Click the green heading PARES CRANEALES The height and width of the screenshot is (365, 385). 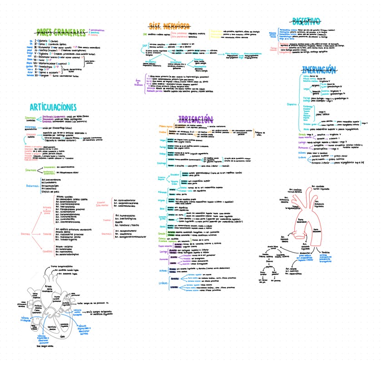[x=62, y=31]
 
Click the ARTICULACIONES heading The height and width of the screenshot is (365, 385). [x=53, y=107]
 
